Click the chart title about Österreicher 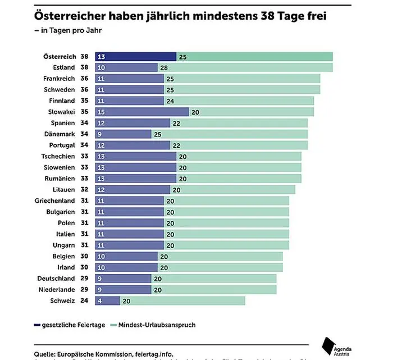coord(180,16)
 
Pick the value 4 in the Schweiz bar coord(100,301)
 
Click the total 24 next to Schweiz coord(84,300)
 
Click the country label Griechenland coord(54,200)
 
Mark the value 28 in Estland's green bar coord(164,68)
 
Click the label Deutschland coord(56,279)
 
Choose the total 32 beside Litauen coord(84,190)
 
